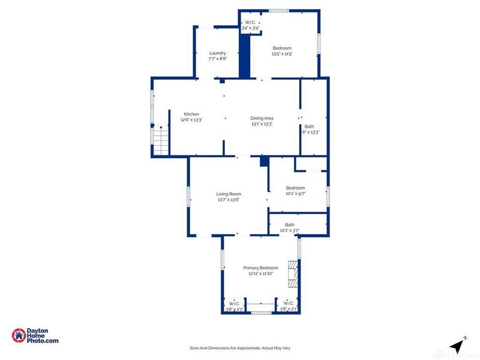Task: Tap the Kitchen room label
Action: click(x=191, y=114)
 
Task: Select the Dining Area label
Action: click(x=262, y=118)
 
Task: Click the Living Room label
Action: click(x=229, y=194)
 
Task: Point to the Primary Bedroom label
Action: click(x=260, y=268)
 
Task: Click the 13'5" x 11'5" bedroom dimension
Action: click(x=282, y=54)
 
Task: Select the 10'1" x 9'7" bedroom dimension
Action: click(x=295, y=194)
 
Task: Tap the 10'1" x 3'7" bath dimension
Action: click(x=290, y=230)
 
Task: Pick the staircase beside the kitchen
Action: click(x=160, y=142)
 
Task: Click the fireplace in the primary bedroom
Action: click(x=292, y=274)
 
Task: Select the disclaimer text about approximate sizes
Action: click(x=239, y=348)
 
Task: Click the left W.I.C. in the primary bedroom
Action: click(x=233, y=307)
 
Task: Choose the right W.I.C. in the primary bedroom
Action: click(x=288, y=307)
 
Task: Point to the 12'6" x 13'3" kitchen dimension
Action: click(x=191, y=120)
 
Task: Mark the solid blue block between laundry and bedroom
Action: click(x=244, y=55)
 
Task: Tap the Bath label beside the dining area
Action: click(x=309, y=126)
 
